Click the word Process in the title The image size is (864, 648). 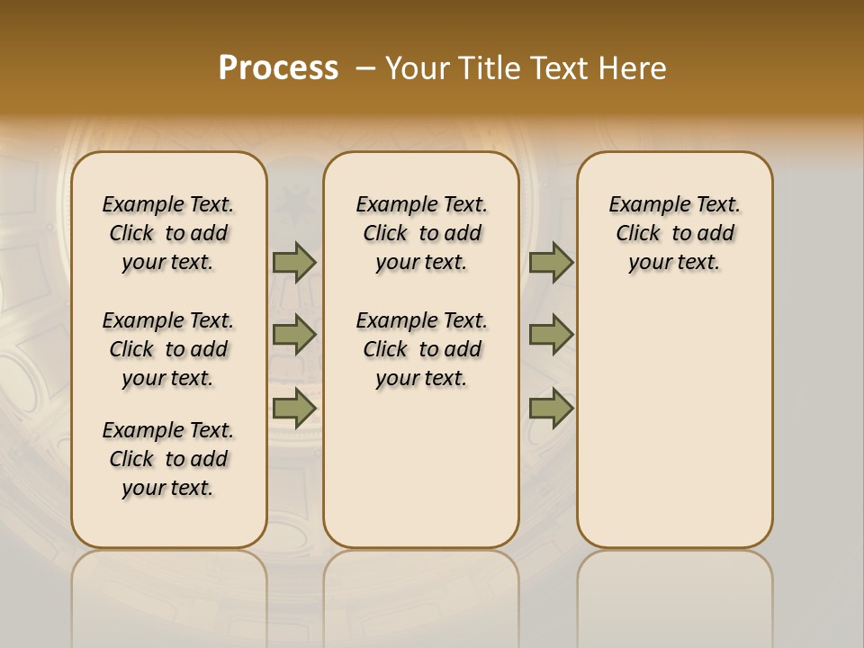(278, 68)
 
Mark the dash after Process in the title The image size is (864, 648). (365, 69)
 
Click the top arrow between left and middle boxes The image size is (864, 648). (294, 262)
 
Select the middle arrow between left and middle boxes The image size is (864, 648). (294, 335)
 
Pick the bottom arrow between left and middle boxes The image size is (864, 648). (294, 408)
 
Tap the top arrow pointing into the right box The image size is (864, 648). (551, 262)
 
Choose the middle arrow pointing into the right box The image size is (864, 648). (551, 335)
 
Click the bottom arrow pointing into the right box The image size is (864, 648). (551, 408)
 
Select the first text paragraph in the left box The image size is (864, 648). (168, 233)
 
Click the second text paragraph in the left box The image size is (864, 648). (168, 349)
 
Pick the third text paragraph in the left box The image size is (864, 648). (168, 459)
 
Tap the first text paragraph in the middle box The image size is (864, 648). (421, 233)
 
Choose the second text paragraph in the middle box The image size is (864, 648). (421, 349)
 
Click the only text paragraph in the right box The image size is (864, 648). (674, 233)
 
